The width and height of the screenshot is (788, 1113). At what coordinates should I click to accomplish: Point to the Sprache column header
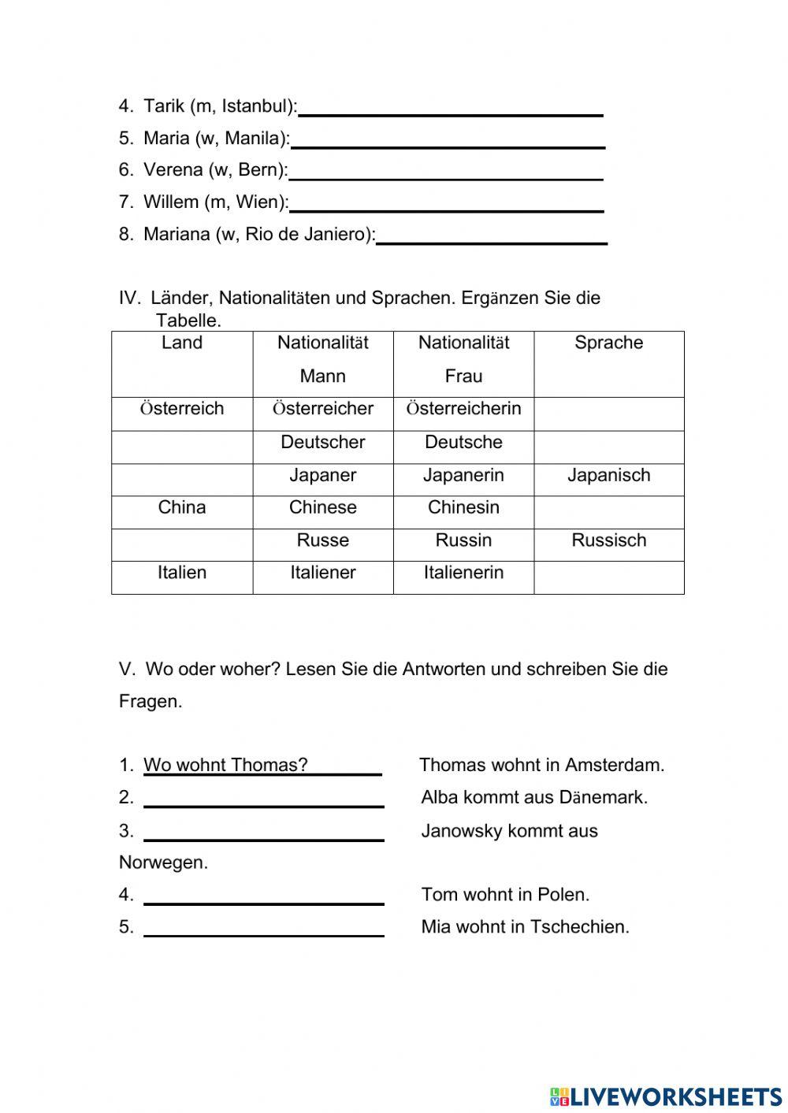[608, 343]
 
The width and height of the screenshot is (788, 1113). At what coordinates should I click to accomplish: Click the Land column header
[182, 343]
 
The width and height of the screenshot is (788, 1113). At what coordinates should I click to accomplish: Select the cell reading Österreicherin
[463, 409]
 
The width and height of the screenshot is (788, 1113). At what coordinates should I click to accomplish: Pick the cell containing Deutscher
[322, 443]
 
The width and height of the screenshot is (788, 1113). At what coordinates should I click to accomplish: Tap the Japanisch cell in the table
[608, 476]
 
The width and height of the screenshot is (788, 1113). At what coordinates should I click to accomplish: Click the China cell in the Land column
[182, 508]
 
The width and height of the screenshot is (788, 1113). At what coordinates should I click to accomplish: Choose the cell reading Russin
[463, 541]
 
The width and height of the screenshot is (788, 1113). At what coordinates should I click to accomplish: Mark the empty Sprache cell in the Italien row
[608, 577]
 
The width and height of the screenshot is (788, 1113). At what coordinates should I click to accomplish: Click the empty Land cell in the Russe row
[182, 544]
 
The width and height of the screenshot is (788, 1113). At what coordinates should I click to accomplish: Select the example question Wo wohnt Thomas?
[225, 765]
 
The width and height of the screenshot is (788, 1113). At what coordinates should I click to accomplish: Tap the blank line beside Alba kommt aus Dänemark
[264, 800]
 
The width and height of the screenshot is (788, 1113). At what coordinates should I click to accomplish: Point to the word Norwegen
[163, 863]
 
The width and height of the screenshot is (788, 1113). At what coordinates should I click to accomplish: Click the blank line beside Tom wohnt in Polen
[264, 897]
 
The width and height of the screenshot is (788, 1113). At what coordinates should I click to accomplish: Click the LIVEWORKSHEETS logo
[666, 1096]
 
